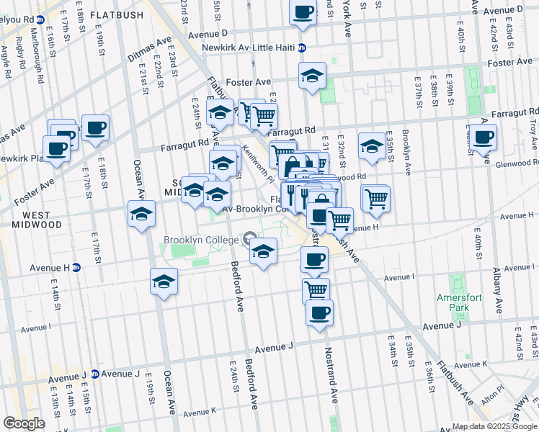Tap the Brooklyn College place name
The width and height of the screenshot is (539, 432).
click(200, 240)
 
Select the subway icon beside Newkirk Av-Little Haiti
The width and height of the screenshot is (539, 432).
click(302, 48)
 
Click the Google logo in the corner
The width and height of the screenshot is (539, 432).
click(24, 423)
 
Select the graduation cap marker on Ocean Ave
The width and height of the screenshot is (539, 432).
click(142, 214)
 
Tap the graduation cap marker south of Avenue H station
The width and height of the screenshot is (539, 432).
click(164, 281)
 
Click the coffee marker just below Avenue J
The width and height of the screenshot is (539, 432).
click(319, 312)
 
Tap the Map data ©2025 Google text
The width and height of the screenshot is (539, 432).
click(494, 426)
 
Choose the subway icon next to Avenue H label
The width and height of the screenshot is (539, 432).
click(76, 267)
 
